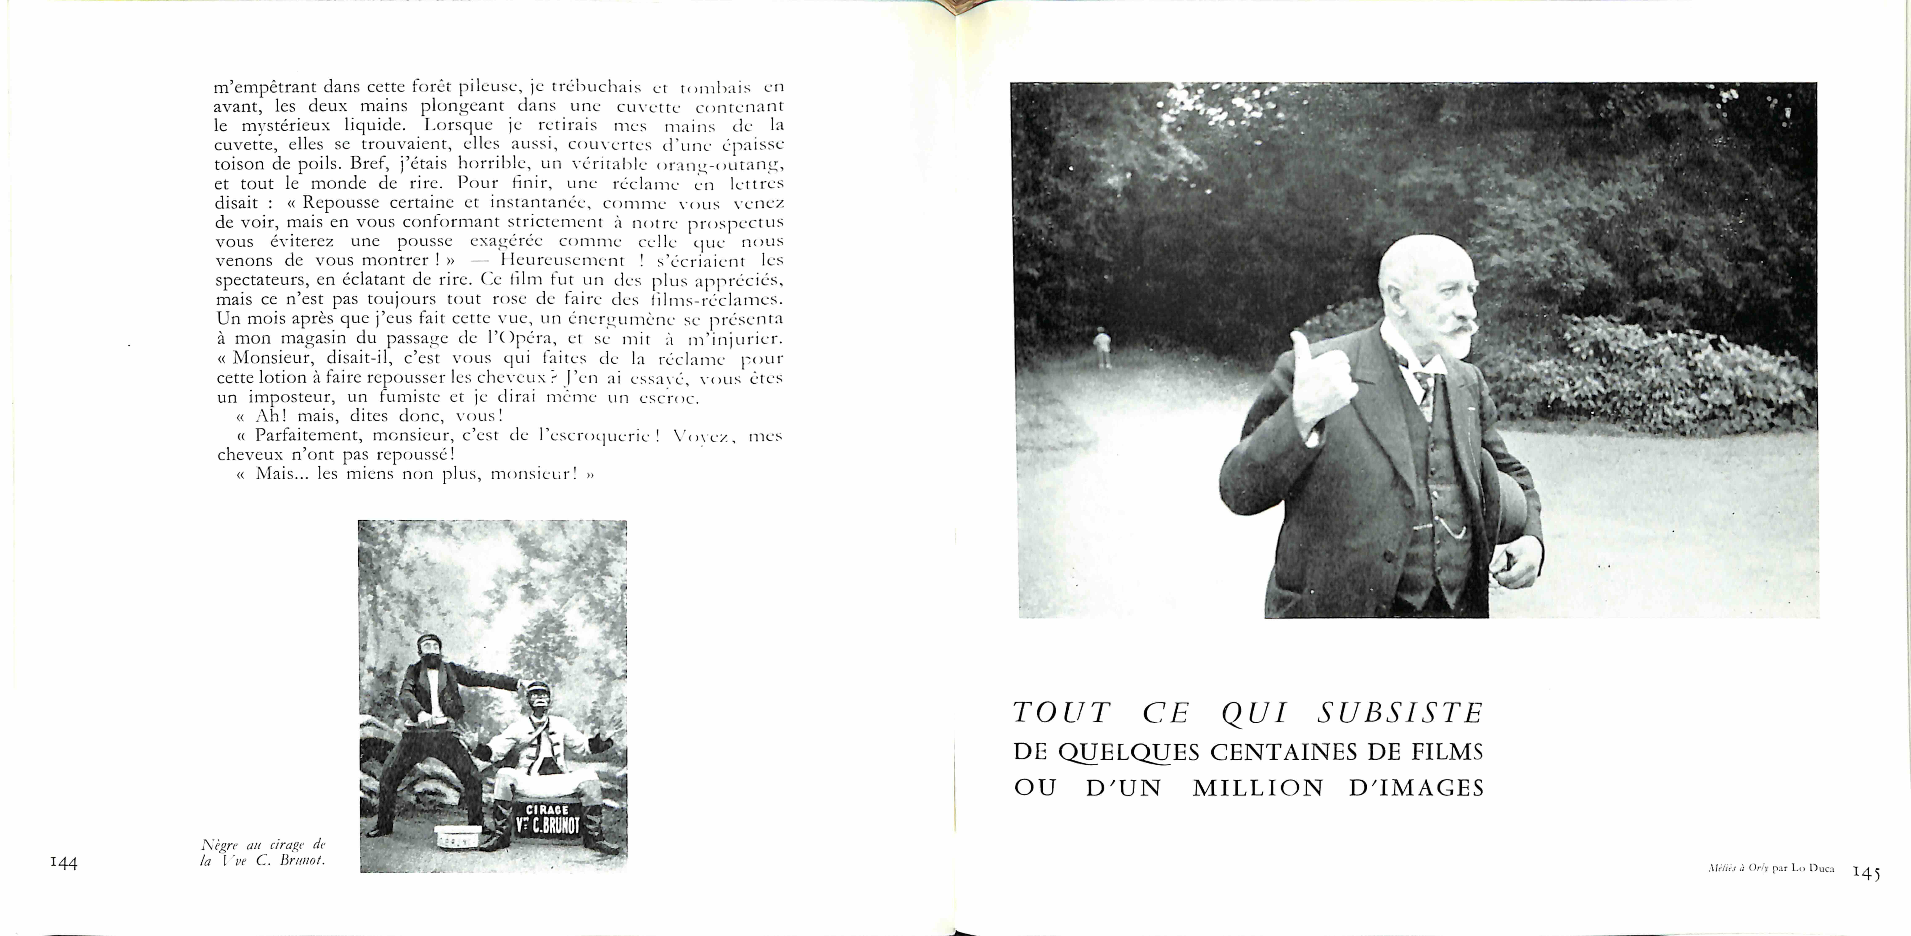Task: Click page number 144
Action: coord(64,862)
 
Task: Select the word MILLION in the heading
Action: coord(1258,788)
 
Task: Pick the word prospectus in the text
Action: coord(735,222)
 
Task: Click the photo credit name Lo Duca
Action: coord(1812,868)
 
